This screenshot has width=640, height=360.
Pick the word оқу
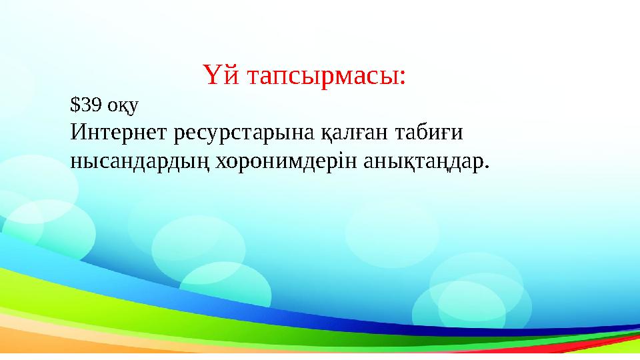point(120,105)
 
